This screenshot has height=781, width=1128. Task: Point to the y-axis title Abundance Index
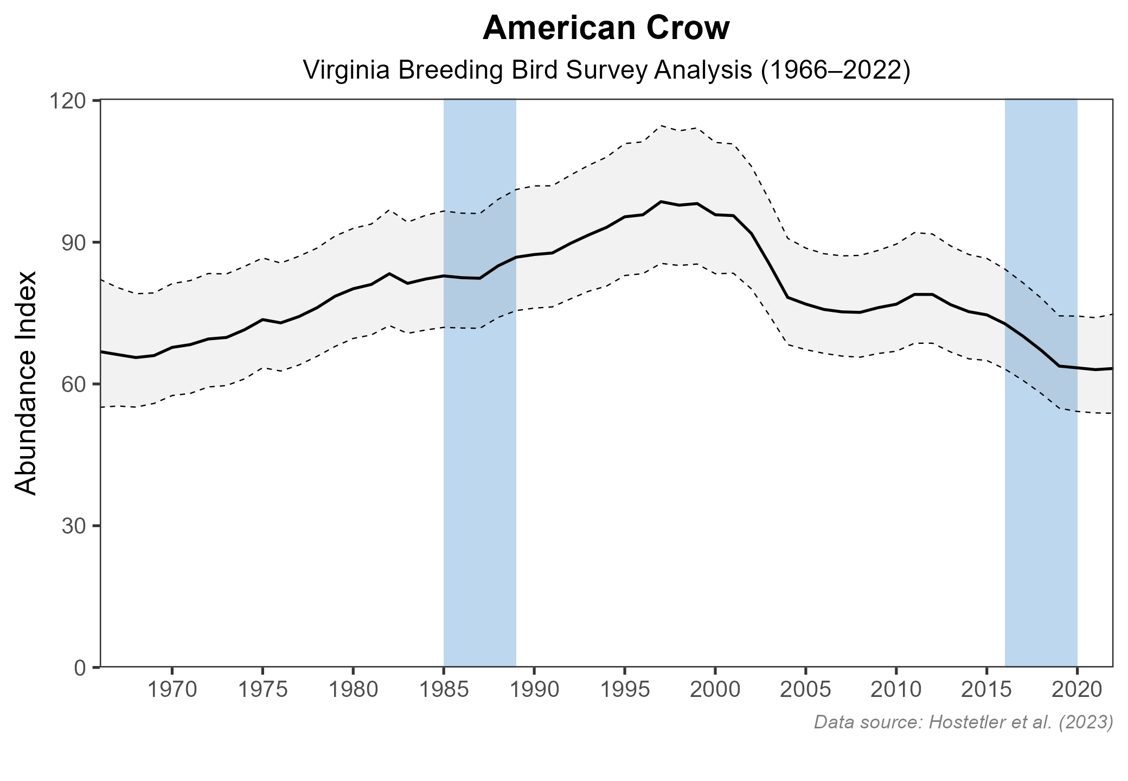25,383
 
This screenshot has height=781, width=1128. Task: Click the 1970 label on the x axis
172,691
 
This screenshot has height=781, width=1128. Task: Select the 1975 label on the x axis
262,691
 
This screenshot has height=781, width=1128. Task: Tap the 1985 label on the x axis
444,691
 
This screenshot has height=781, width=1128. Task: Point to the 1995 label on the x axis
625,691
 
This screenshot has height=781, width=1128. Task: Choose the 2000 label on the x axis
715,691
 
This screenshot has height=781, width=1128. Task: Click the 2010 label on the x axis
896,691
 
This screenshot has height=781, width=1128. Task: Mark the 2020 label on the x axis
1077,691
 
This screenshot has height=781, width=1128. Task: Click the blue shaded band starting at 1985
479,488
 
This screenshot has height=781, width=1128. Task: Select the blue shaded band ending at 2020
1041,488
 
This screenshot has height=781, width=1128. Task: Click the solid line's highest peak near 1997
661,202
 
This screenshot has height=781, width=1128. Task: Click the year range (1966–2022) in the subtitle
835,71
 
